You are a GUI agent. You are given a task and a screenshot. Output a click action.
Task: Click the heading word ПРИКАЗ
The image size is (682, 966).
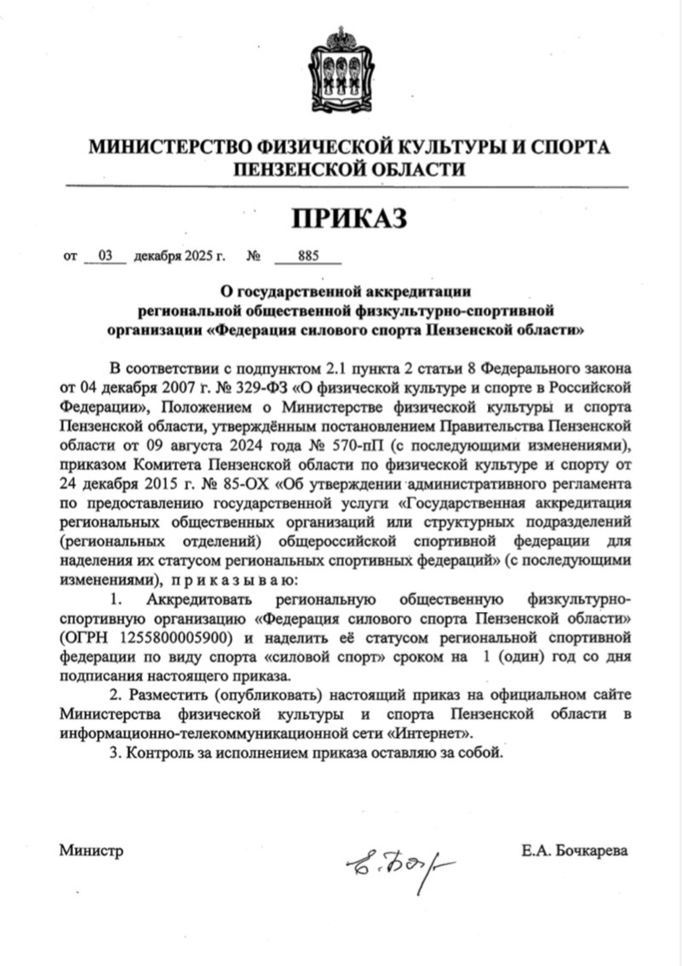(x=349, y=219)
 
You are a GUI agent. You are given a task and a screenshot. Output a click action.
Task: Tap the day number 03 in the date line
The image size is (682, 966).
(x=106, y=254)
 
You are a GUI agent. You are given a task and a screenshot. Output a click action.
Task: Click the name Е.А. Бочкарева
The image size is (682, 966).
(x=576, y=850)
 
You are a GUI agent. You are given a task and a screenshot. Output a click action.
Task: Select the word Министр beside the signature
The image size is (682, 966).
(x=91, y=850)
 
